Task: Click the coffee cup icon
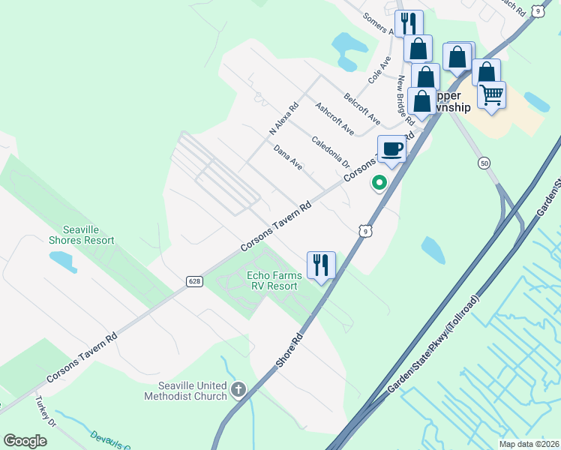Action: tap(391, 148)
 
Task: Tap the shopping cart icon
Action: tap(491, 95)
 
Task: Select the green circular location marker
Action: tap(379, 182)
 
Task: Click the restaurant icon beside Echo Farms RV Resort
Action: tap(321, 265)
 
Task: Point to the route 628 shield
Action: tap(194, 281)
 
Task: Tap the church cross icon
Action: tap(238, 388)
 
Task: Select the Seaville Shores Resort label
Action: tap(81, 235)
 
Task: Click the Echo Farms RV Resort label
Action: tap(274, 281)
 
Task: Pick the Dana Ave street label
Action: tap(288, 157)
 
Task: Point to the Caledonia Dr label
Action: tap(331, 151)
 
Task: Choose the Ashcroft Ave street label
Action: tap(334, 118)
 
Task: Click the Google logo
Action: tap(25, 441)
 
